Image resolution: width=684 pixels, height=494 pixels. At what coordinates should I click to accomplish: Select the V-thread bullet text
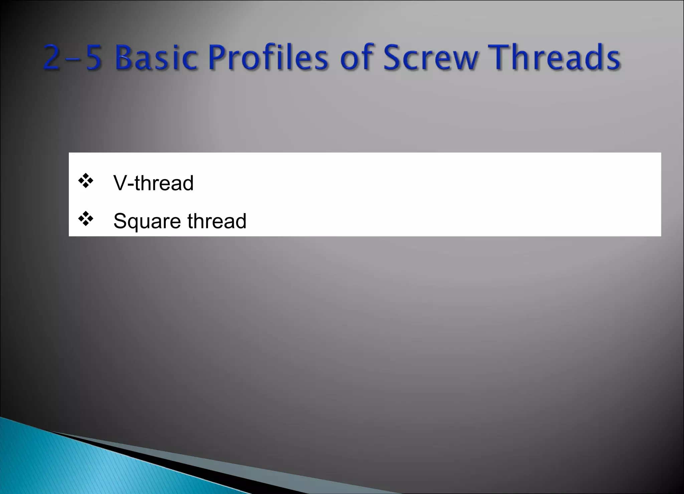coord(153,183)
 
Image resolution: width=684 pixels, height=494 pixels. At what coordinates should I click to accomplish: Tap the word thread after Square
coord(217,221)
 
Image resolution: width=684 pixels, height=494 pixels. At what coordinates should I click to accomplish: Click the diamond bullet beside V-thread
coord(86,181)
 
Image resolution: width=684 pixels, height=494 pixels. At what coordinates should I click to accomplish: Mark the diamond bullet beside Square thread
coord(86,219)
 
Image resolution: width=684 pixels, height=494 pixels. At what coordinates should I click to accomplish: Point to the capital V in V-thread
coord(120,183)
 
